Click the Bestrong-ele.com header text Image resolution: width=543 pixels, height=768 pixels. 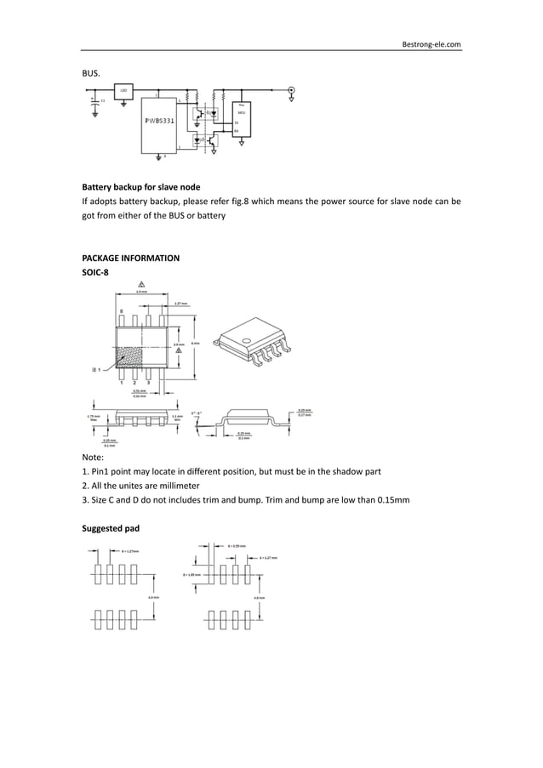click(x=431, y=43)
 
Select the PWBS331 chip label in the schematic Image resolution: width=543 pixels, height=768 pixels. click(x=159, y=121)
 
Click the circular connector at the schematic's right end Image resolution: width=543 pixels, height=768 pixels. click(x=292, y=89)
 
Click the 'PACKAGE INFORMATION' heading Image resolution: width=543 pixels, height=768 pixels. click(x=130, y=258)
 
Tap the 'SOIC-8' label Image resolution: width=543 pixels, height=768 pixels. click(x=94, y=272)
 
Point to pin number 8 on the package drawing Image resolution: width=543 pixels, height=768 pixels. click(x=121, y=312)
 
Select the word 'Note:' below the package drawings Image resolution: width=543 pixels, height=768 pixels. click(x=92, y=456)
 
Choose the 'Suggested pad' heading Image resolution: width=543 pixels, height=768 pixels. click(x=111, y=528)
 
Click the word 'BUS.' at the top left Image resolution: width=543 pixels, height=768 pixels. click(x=91, y=73)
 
